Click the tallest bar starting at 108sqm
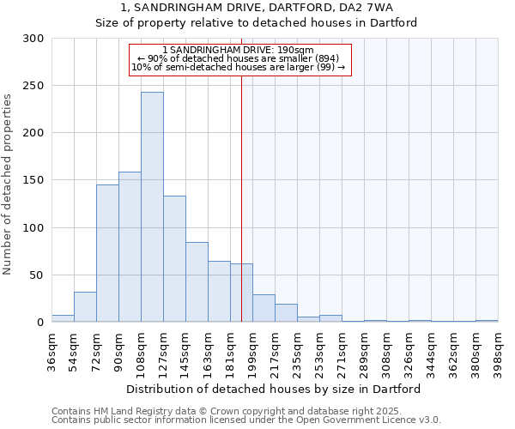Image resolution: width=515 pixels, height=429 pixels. (x=152, y=207)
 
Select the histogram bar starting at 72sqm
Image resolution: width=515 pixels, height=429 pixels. (x=107, y=253)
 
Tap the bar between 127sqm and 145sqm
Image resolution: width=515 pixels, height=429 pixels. (x=174, y=258)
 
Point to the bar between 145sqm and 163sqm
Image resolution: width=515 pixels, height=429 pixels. (x=197, y=281)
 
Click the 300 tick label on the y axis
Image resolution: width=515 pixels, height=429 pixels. (x=33, y=39)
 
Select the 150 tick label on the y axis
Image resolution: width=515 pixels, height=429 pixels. (x=33, y=180)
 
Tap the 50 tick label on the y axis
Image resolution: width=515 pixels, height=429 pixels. (x=36, y=275)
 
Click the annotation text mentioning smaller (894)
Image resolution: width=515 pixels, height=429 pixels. (x=239, y=58)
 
